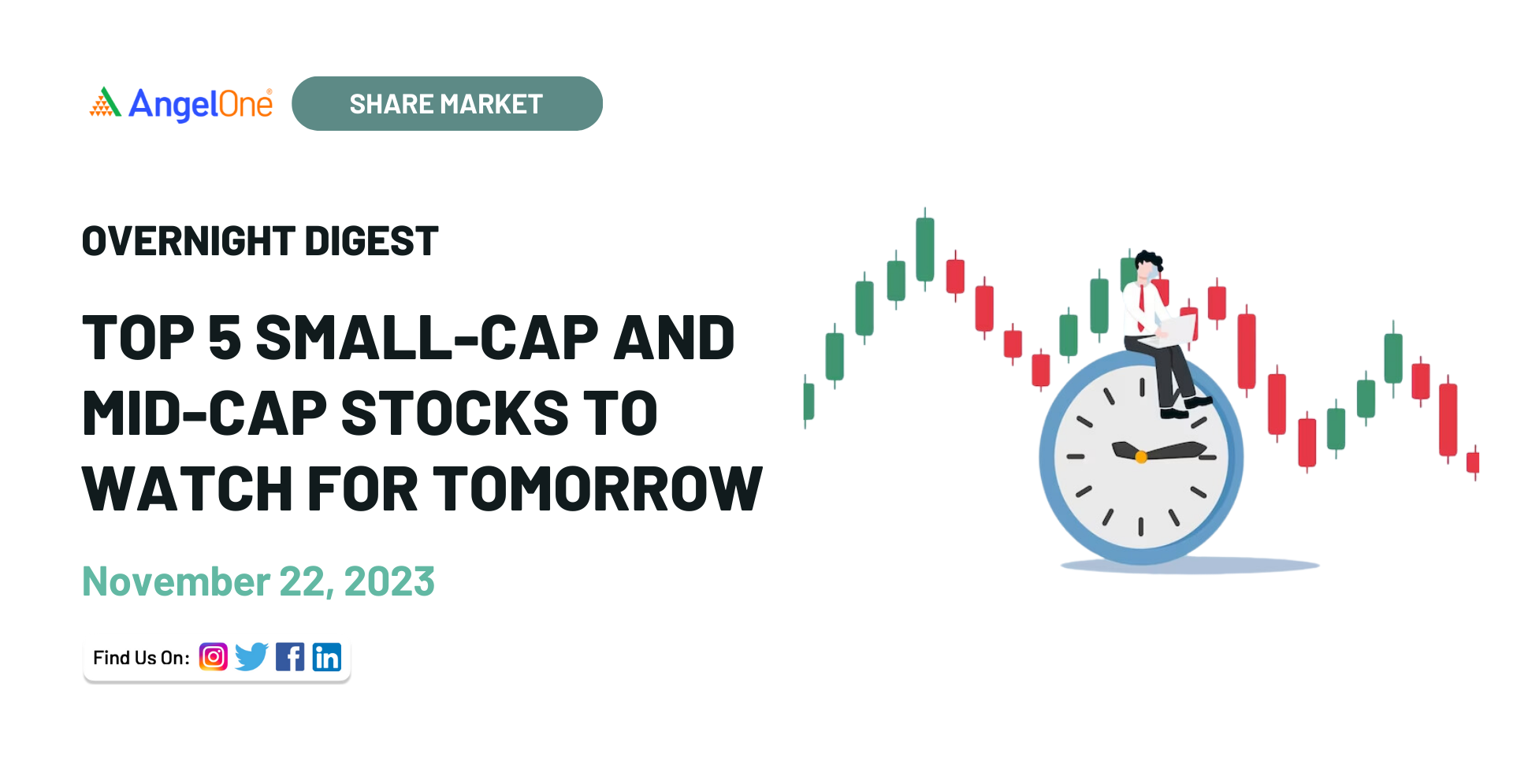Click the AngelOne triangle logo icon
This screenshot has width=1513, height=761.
[x=106, y=102]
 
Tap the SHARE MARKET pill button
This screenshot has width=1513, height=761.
[x=447, y=103]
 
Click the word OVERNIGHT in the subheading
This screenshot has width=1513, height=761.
[x=188, y=241]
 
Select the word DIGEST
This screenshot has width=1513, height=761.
[x=371, y=241]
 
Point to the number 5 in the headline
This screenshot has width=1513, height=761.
[x=225, y=338]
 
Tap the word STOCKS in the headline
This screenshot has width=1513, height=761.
[x=454, y=413]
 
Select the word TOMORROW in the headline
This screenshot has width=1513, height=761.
[x=597, y=488]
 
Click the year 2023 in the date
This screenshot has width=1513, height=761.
[x=389, y=581]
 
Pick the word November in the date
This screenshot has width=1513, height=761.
[x=177, y=581]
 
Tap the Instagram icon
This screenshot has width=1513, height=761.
[x=214, y=657]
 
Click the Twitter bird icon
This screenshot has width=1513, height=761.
[x=251, y=657]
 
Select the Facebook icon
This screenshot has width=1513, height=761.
[x=290, y=657]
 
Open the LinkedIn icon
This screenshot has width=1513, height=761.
[x=327, y=657]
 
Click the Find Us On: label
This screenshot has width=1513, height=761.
[x=141, y=658]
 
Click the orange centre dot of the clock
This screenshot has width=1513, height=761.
[x=1141, y=457]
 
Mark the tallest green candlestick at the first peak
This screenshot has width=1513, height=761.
[x=925, y=249]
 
